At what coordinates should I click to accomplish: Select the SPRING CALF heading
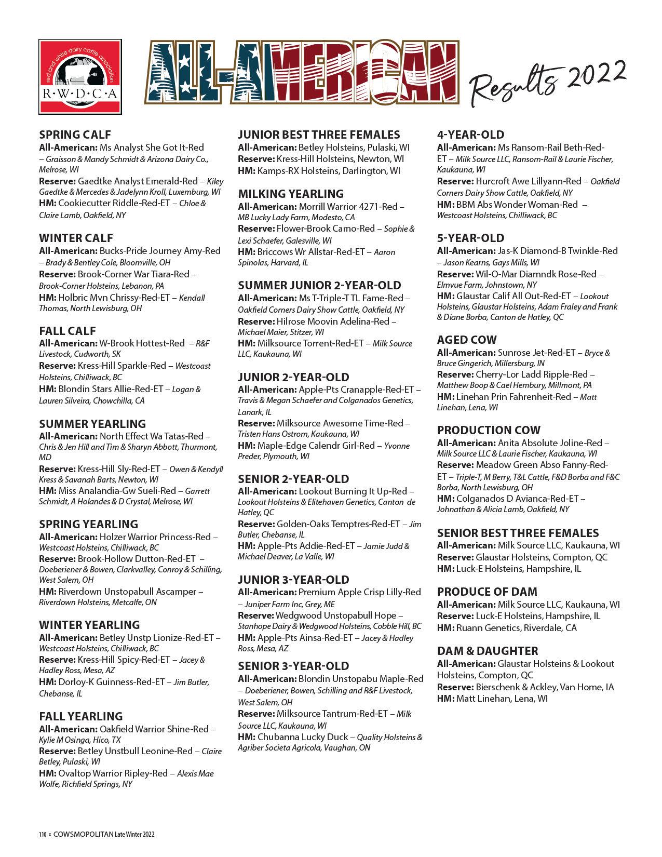click(x=75, y=135)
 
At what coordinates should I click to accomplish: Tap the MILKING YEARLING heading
click(x=291, y=194)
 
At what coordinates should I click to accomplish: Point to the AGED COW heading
click(x=467, y=340)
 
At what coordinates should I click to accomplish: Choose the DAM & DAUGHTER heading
click(x=488, y=651)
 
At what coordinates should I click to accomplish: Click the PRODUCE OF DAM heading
click(x=487, y=592)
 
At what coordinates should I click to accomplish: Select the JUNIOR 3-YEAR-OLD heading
click(x=294, y=580)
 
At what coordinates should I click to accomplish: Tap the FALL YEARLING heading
click(x=81, y=716)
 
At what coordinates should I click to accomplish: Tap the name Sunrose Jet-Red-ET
click(x=536, y=352)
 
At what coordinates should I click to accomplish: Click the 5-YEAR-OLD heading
click(x=471, y=238)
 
